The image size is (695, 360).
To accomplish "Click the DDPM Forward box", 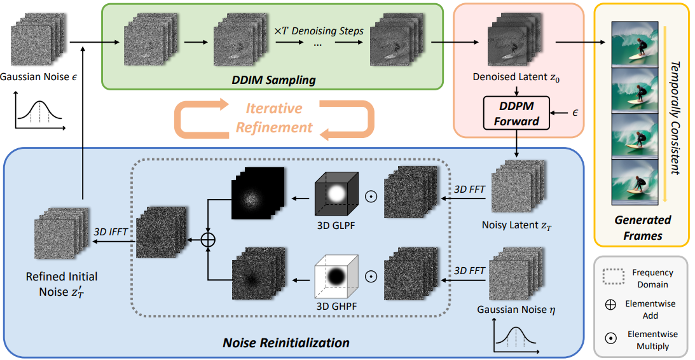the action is [x=516, y=113].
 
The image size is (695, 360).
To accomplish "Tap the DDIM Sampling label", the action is [x=273, y=80].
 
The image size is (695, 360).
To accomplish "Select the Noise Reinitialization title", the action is [x=286, y=343].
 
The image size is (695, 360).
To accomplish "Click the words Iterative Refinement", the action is [x=274, y=118].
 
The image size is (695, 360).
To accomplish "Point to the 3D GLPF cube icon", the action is [x=336, y=194].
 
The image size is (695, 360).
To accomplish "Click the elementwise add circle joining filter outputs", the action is [x=207, y=240].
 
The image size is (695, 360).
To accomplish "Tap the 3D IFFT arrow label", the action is [x=111, y=232].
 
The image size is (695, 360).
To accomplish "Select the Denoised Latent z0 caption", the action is [x=516, y=77].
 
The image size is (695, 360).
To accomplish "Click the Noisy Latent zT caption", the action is [x=517, y=225].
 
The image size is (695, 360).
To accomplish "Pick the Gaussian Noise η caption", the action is [x=516, y=310].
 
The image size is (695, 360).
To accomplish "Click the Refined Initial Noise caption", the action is [x=62, y=284].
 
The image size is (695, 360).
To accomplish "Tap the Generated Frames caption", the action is [x=643, y=228].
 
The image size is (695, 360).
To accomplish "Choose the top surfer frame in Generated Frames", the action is [x=635, y=45].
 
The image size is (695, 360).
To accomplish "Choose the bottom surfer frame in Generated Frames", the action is [x=635, y=182].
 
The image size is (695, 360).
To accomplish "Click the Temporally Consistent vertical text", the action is [x=675, y=118].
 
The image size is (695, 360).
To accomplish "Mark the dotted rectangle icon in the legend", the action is [x=614, y=277].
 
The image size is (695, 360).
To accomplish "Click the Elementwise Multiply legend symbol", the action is [x=611, y=339].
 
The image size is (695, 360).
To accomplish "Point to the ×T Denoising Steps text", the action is [x=319, y=31].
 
